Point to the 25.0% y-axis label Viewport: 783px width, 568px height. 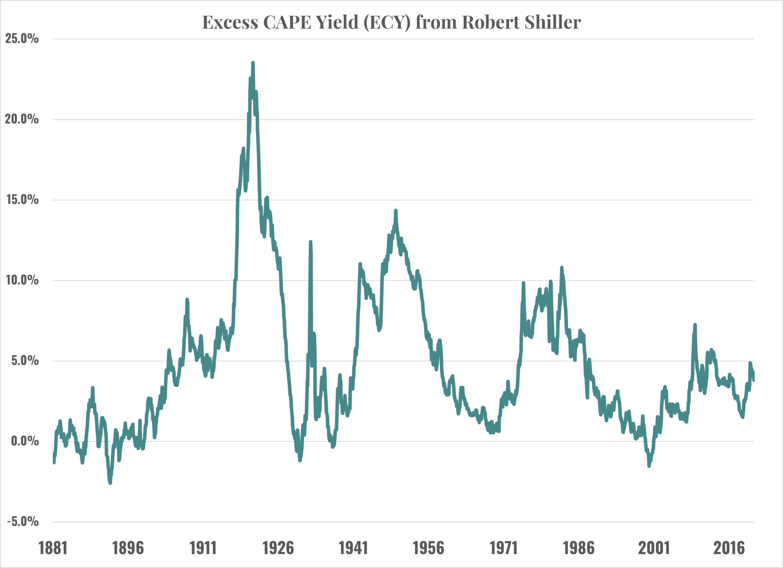click(22, 38)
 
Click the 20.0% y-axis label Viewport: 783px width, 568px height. click(22, 119)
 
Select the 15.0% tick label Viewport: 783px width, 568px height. click(22, 199)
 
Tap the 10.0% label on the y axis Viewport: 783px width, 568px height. click(22, 280)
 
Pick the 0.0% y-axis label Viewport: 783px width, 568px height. click(24, 441)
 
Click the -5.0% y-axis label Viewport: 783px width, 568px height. click(23, 522)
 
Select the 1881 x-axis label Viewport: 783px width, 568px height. click(53, 548)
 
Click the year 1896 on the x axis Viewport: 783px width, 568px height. click(128, 548)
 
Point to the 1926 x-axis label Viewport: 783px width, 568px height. click(278, 548)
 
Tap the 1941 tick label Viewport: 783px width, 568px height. click(353, 548)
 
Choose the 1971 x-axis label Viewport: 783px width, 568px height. click(503, 548)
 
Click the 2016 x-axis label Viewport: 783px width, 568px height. click(729, 548)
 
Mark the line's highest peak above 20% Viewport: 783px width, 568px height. click(253, 63)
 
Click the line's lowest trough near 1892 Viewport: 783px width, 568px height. click(110, 483)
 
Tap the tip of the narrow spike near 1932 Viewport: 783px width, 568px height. click(310, 242)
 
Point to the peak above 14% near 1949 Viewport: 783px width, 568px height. click(396, 210)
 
